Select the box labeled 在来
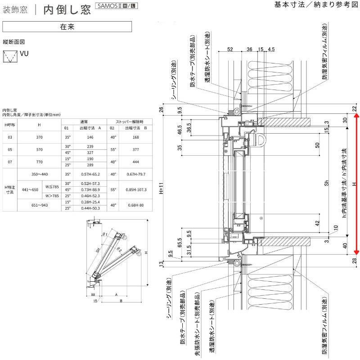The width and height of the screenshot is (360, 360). coord(67,27)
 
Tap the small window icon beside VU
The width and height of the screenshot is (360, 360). coord(9,57)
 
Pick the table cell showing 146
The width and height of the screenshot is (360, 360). coord(90,137)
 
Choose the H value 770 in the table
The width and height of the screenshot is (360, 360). coord(40,162)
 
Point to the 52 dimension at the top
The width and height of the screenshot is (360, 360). coord(229,49)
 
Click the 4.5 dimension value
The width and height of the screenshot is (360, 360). coord(271,49)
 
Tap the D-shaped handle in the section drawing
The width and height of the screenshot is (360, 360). coord(261,140)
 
